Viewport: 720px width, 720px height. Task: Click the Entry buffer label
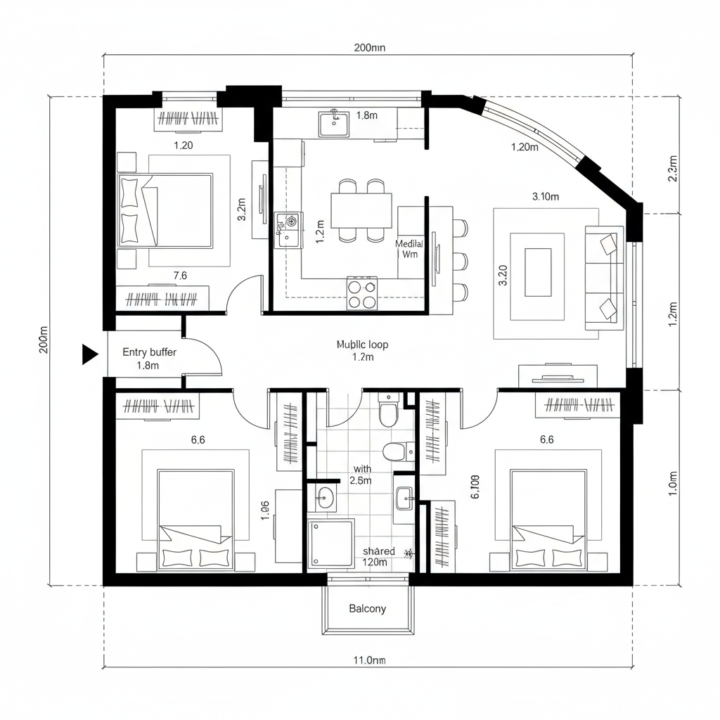(149, 352)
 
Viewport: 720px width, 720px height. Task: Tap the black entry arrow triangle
(89, 354)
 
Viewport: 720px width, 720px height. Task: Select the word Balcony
(367, 608)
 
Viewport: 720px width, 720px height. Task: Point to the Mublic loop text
(362, 345)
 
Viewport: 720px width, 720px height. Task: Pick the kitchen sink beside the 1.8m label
(334, 124)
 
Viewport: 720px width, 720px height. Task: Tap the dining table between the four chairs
(361, 210)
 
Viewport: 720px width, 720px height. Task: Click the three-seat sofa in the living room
(605, 277)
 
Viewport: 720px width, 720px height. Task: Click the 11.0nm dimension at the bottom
(368, 660)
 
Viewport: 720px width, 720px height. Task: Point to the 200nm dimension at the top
(369, 48)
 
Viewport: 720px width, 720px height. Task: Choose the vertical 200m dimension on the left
(44, 340)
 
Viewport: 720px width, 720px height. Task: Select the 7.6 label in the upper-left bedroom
(180, 276)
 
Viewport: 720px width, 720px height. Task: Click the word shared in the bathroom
(378, 551)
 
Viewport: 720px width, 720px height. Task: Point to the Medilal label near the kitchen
(409, 243)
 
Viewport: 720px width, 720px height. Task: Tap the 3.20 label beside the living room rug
(502, 275)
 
